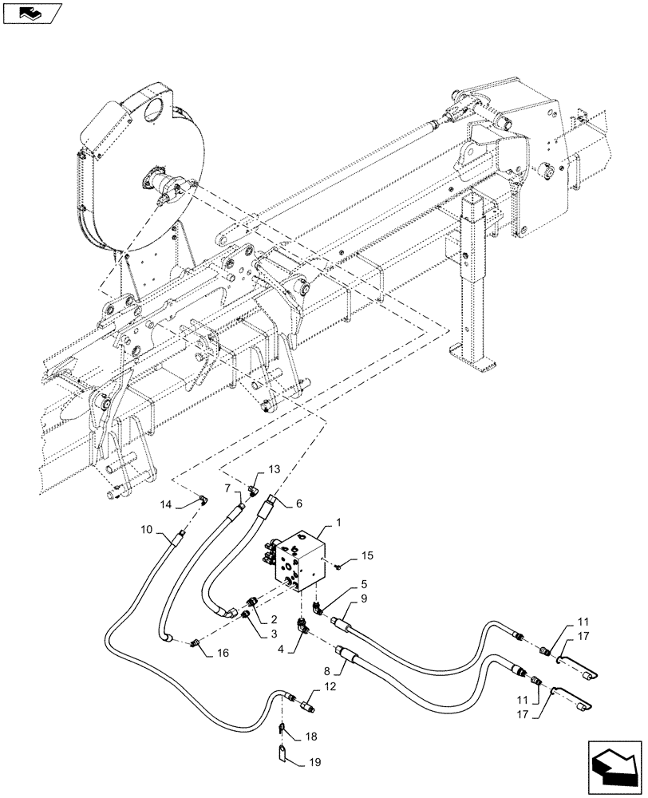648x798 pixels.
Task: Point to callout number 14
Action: pyautogui.click(x=166, y=504)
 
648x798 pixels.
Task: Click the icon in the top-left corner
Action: pyautogui.click(x=31, y=12)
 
